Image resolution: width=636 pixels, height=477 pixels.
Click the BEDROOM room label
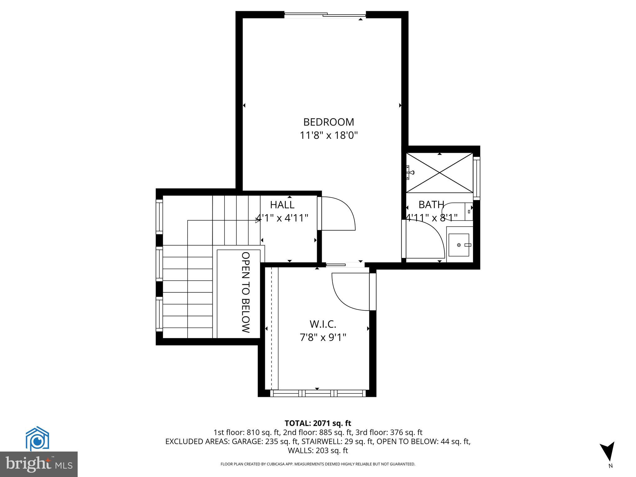(329, 122)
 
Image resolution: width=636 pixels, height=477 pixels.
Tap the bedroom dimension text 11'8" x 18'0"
(329, 136)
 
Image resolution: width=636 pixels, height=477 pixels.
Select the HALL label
(282, 205)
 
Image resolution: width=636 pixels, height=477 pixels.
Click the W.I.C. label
(323, 324)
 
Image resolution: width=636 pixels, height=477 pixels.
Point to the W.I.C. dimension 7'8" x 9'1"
(323, 337)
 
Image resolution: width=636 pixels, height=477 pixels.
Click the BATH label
(431, 205)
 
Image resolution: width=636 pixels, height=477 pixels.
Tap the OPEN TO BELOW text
(246, 292)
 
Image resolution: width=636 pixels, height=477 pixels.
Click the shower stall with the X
(440, 173)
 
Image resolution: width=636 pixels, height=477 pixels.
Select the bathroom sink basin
(459, 245)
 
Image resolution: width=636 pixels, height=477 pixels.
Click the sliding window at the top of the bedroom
(325, 15)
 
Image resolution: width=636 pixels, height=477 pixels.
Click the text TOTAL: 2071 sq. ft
(318, 423)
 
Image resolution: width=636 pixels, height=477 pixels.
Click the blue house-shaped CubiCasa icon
(37, 438)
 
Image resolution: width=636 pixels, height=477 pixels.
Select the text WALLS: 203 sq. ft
(318, 450)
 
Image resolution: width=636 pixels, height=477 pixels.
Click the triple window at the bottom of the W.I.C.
(318, 393)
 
